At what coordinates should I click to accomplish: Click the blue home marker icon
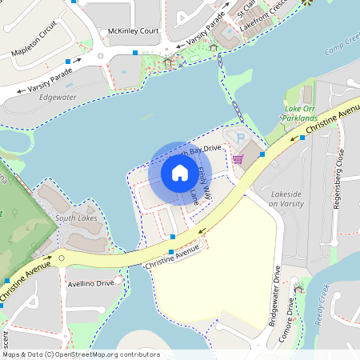(179, 172)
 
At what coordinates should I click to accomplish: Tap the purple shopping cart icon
(238, 158)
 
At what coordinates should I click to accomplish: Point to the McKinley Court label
(133, 31)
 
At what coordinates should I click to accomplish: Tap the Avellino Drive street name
(91, 282)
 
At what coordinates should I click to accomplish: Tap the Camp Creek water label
(343, 49)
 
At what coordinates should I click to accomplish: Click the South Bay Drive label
(201, 150)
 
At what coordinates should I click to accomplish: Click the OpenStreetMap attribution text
(81, 354)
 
